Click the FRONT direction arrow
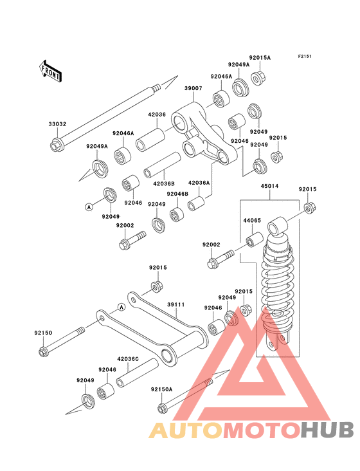pos(50,71)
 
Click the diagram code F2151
pos(305,56)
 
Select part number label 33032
pos(57,124)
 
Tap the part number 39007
pos(194,88)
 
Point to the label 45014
pos(269,186)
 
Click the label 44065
pos(252,220)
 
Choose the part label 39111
pos(175,304)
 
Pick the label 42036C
pos(128,358)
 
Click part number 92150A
pos(162,389)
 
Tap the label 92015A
pos(260,58)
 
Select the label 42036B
pos(164,183)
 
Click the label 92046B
pos(177,194)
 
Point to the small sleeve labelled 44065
pos(255,239)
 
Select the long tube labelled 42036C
pos(138,373)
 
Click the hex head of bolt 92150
pos(44,351)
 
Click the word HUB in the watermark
pos(328,430)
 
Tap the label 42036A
pos(199,183)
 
